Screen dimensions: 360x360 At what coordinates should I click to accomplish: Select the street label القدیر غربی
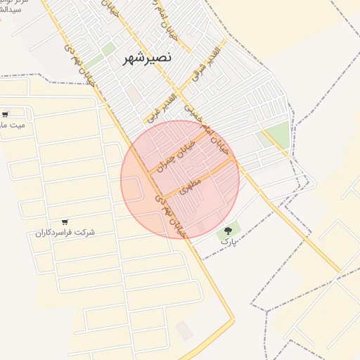click(x=160, y=104)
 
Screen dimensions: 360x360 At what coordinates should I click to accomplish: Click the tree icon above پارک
click(x=226, y=230)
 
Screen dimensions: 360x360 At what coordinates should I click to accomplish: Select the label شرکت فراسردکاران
click(x=65, y=232)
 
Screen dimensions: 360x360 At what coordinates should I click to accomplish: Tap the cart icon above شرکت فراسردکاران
click(x=65, y=221)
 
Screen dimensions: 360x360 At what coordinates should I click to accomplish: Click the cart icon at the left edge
click(x=6, y=114)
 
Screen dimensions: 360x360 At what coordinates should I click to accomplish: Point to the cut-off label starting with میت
click(x=13, y=125)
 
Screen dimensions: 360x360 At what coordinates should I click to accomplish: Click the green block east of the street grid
click(x=278, y=134)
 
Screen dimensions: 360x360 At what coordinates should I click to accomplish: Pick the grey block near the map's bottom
click(x=184, y=330)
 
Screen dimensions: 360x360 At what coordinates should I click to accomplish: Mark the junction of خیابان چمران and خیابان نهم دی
click(x=149, y=172)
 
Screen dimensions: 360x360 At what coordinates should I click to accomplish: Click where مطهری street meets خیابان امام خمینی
click(x=234, y=159)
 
